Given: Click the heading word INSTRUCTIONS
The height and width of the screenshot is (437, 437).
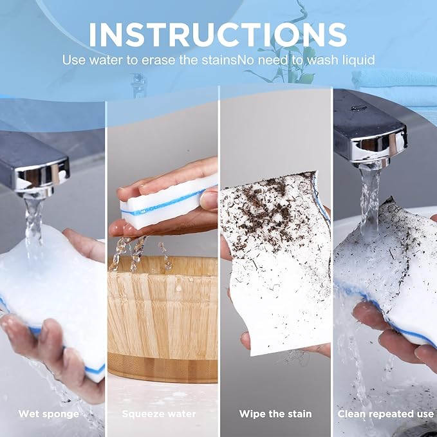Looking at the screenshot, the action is tap(218, 35).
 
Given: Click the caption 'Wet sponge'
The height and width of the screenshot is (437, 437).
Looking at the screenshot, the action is tap(49, 414).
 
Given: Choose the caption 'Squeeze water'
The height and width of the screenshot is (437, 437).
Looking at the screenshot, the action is tap(159, 414).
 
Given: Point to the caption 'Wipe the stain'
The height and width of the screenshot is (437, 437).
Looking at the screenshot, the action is tap(275, 414).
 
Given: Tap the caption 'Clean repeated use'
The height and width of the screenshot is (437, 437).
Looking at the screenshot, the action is tap(386, 414).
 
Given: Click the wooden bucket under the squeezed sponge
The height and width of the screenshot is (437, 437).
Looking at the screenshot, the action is tap(162, 318).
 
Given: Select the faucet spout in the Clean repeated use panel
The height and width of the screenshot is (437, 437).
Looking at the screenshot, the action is tap(371, 131).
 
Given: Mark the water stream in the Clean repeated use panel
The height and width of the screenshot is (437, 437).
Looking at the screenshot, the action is tap(370, 201).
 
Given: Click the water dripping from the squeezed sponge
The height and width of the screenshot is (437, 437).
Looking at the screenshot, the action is tap(140, 254).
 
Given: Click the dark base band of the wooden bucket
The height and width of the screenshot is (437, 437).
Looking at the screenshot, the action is tap(162, 368).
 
